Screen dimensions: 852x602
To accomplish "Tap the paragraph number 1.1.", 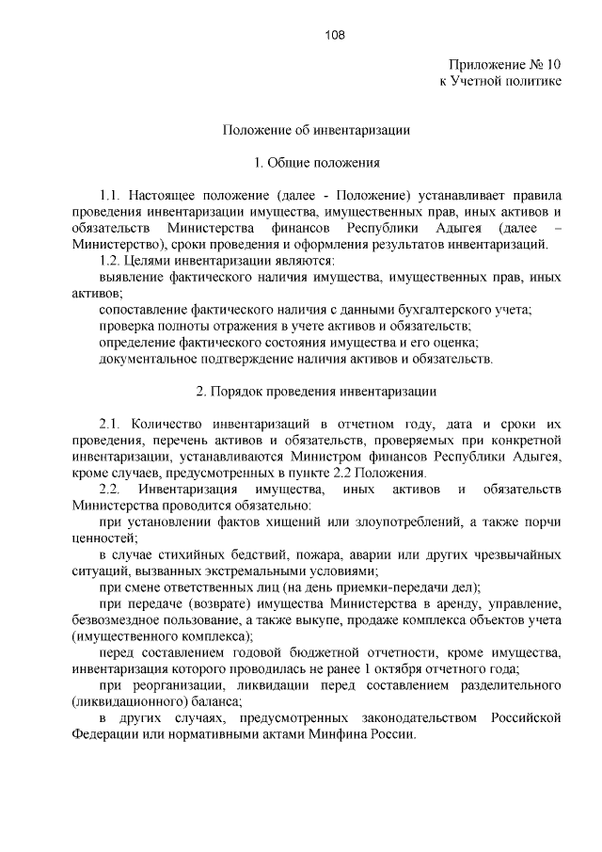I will pyautogui.click(x=111, y=195).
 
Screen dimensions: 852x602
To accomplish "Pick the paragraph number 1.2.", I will pyautogui.click(x=111, y=261).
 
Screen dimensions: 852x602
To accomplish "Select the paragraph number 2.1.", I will pyautogui.click(x=111, y=423).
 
